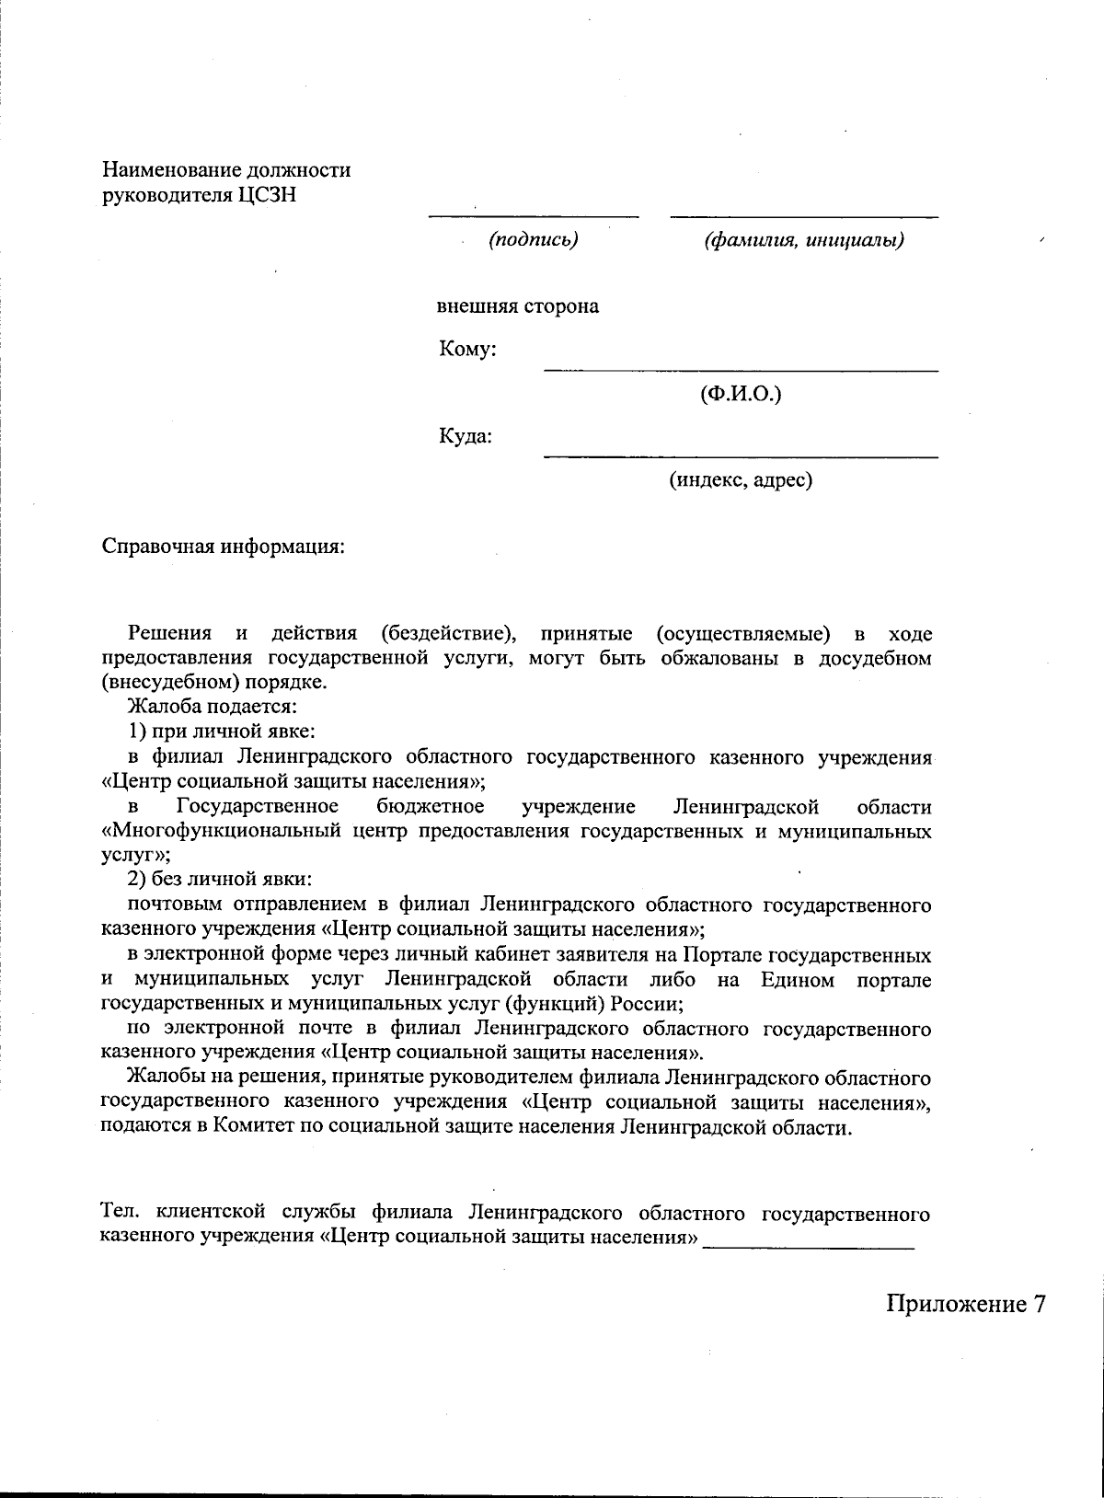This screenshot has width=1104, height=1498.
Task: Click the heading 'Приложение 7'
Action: pyautogui.click(x=966, y=1304)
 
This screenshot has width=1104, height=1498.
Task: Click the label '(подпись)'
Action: pyautogui.click(x=534, y=240)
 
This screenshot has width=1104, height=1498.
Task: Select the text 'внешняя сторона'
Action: pyautogui.click(x=517, y=306)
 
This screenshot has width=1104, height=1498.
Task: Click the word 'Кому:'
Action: pyautogui.click(x=467, y=350)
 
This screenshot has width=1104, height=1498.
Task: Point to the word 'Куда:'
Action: pyautogui.click(x=465, y=435)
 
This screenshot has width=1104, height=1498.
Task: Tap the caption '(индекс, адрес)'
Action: pyautogui.click(x=741, y=479)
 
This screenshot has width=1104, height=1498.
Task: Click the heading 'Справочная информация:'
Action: pyautogui.click(x=223, y=546)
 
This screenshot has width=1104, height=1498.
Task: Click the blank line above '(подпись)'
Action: pyautogui.click(x=534, y=216)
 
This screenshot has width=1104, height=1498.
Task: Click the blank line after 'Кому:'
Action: pyautogui.click(x=741, y=369)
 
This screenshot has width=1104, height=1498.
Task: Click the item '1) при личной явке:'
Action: pyautogui.click(x=222, y=732)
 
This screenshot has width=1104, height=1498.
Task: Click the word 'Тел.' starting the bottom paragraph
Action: pyautogui.click(x=119, y=1214)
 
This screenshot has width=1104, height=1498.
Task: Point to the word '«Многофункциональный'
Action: pyautogui.click(x=221, y=832)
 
